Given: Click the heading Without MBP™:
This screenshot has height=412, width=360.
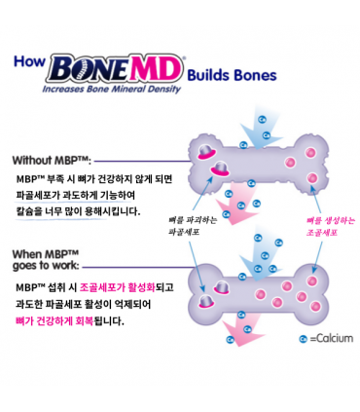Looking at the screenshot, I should pyautogui.click(x=53, y=161).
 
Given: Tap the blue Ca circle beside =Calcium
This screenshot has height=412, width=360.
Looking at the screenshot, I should pyautogui.click(x=304, y=339).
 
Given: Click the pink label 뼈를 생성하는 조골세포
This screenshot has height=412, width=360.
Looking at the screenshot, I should pyautogui.click(x=317, y=227).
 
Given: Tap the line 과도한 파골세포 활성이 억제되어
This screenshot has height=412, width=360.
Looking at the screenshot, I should pyautogui.click(x=91, y=304).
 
